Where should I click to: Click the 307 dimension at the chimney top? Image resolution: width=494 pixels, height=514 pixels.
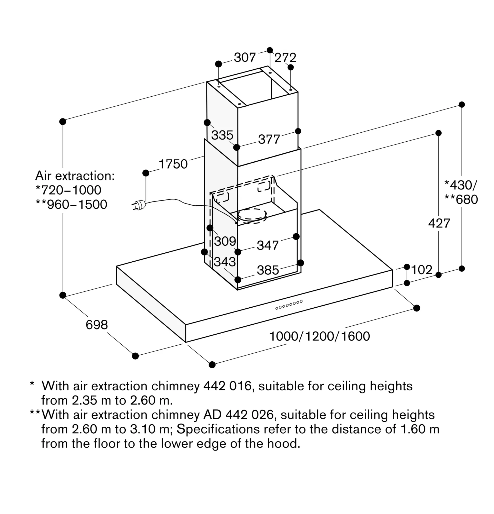pyautogui.click(x=244, y=57)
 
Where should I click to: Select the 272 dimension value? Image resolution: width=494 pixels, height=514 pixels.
pyautogui.click(x=285, y=57)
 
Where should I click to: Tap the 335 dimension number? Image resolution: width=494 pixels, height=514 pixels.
pyautogui.click(x=222, y=135)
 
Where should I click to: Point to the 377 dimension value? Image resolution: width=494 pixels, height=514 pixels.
pyautogui.click(x=269, y=139)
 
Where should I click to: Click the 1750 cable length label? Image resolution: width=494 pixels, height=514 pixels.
pyautogui.click(x=173, y=164)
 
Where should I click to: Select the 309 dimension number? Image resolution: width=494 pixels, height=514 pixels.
pyautogui.click(x=225, y=241)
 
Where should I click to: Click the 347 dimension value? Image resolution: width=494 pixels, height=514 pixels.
pyautogui.click(x=267, y=245)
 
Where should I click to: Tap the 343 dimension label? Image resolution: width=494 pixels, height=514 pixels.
pyautogui.click(x=225, y=262)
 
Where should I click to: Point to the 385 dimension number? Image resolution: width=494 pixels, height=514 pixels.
pyautogui.click(x=268, y=270)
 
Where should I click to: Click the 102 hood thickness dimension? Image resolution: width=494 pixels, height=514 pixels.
pyautogui.click(x=421, y=270)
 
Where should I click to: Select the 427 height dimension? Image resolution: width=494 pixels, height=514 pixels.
pyautogui.click(x=439, y=223)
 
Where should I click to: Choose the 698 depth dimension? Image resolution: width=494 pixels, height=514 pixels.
pyautogui.click(x=97, y=325)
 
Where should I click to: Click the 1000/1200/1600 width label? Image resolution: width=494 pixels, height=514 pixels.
pyautogui.click(x=319, y=336)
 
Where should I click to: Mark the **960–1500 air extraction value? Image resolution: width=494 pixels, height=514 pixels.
pyautogui.click(x=72, y=205)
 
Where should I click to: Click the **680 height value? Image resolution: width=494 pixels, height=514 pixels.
pyautogui.click(x=461, y=200)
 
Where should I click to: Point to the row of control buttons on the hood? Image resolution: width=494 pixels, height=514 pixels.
pyautogui.click(x=289, y=305)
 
